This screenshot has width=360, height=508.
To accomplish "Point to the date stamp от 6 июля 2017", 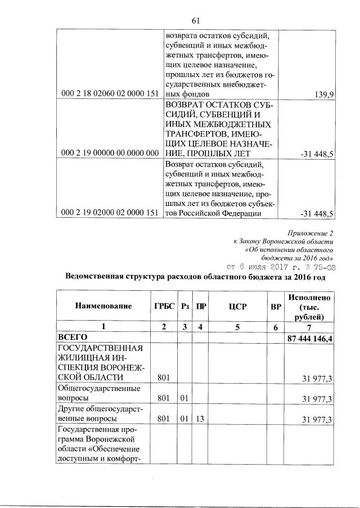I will tap(267, 267).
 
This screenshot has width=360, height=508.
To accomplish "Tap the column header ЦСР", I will tap(235, 306).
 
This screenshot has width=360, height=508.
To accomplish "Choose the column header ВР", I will tap(276, 306).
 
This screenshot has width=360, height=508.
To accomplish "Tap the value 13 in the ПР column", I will tap(199, 420).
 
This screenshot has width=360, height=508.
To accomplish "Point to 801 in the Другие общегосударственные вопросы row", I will tap(164, 420).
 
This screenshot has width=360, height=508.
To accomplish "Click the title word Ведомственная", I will tap(97, 277).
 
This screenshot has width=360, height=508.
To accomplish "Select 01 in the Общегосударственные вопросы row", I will tap(183, 398).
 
